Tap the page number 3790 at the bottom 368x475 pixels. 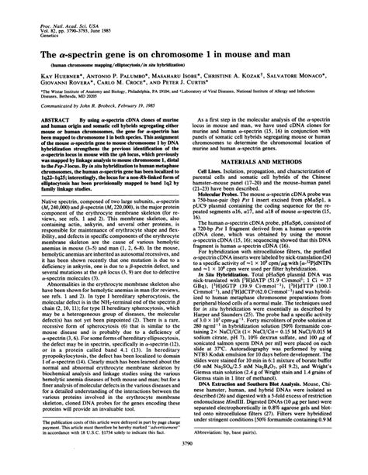[183, 464]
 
